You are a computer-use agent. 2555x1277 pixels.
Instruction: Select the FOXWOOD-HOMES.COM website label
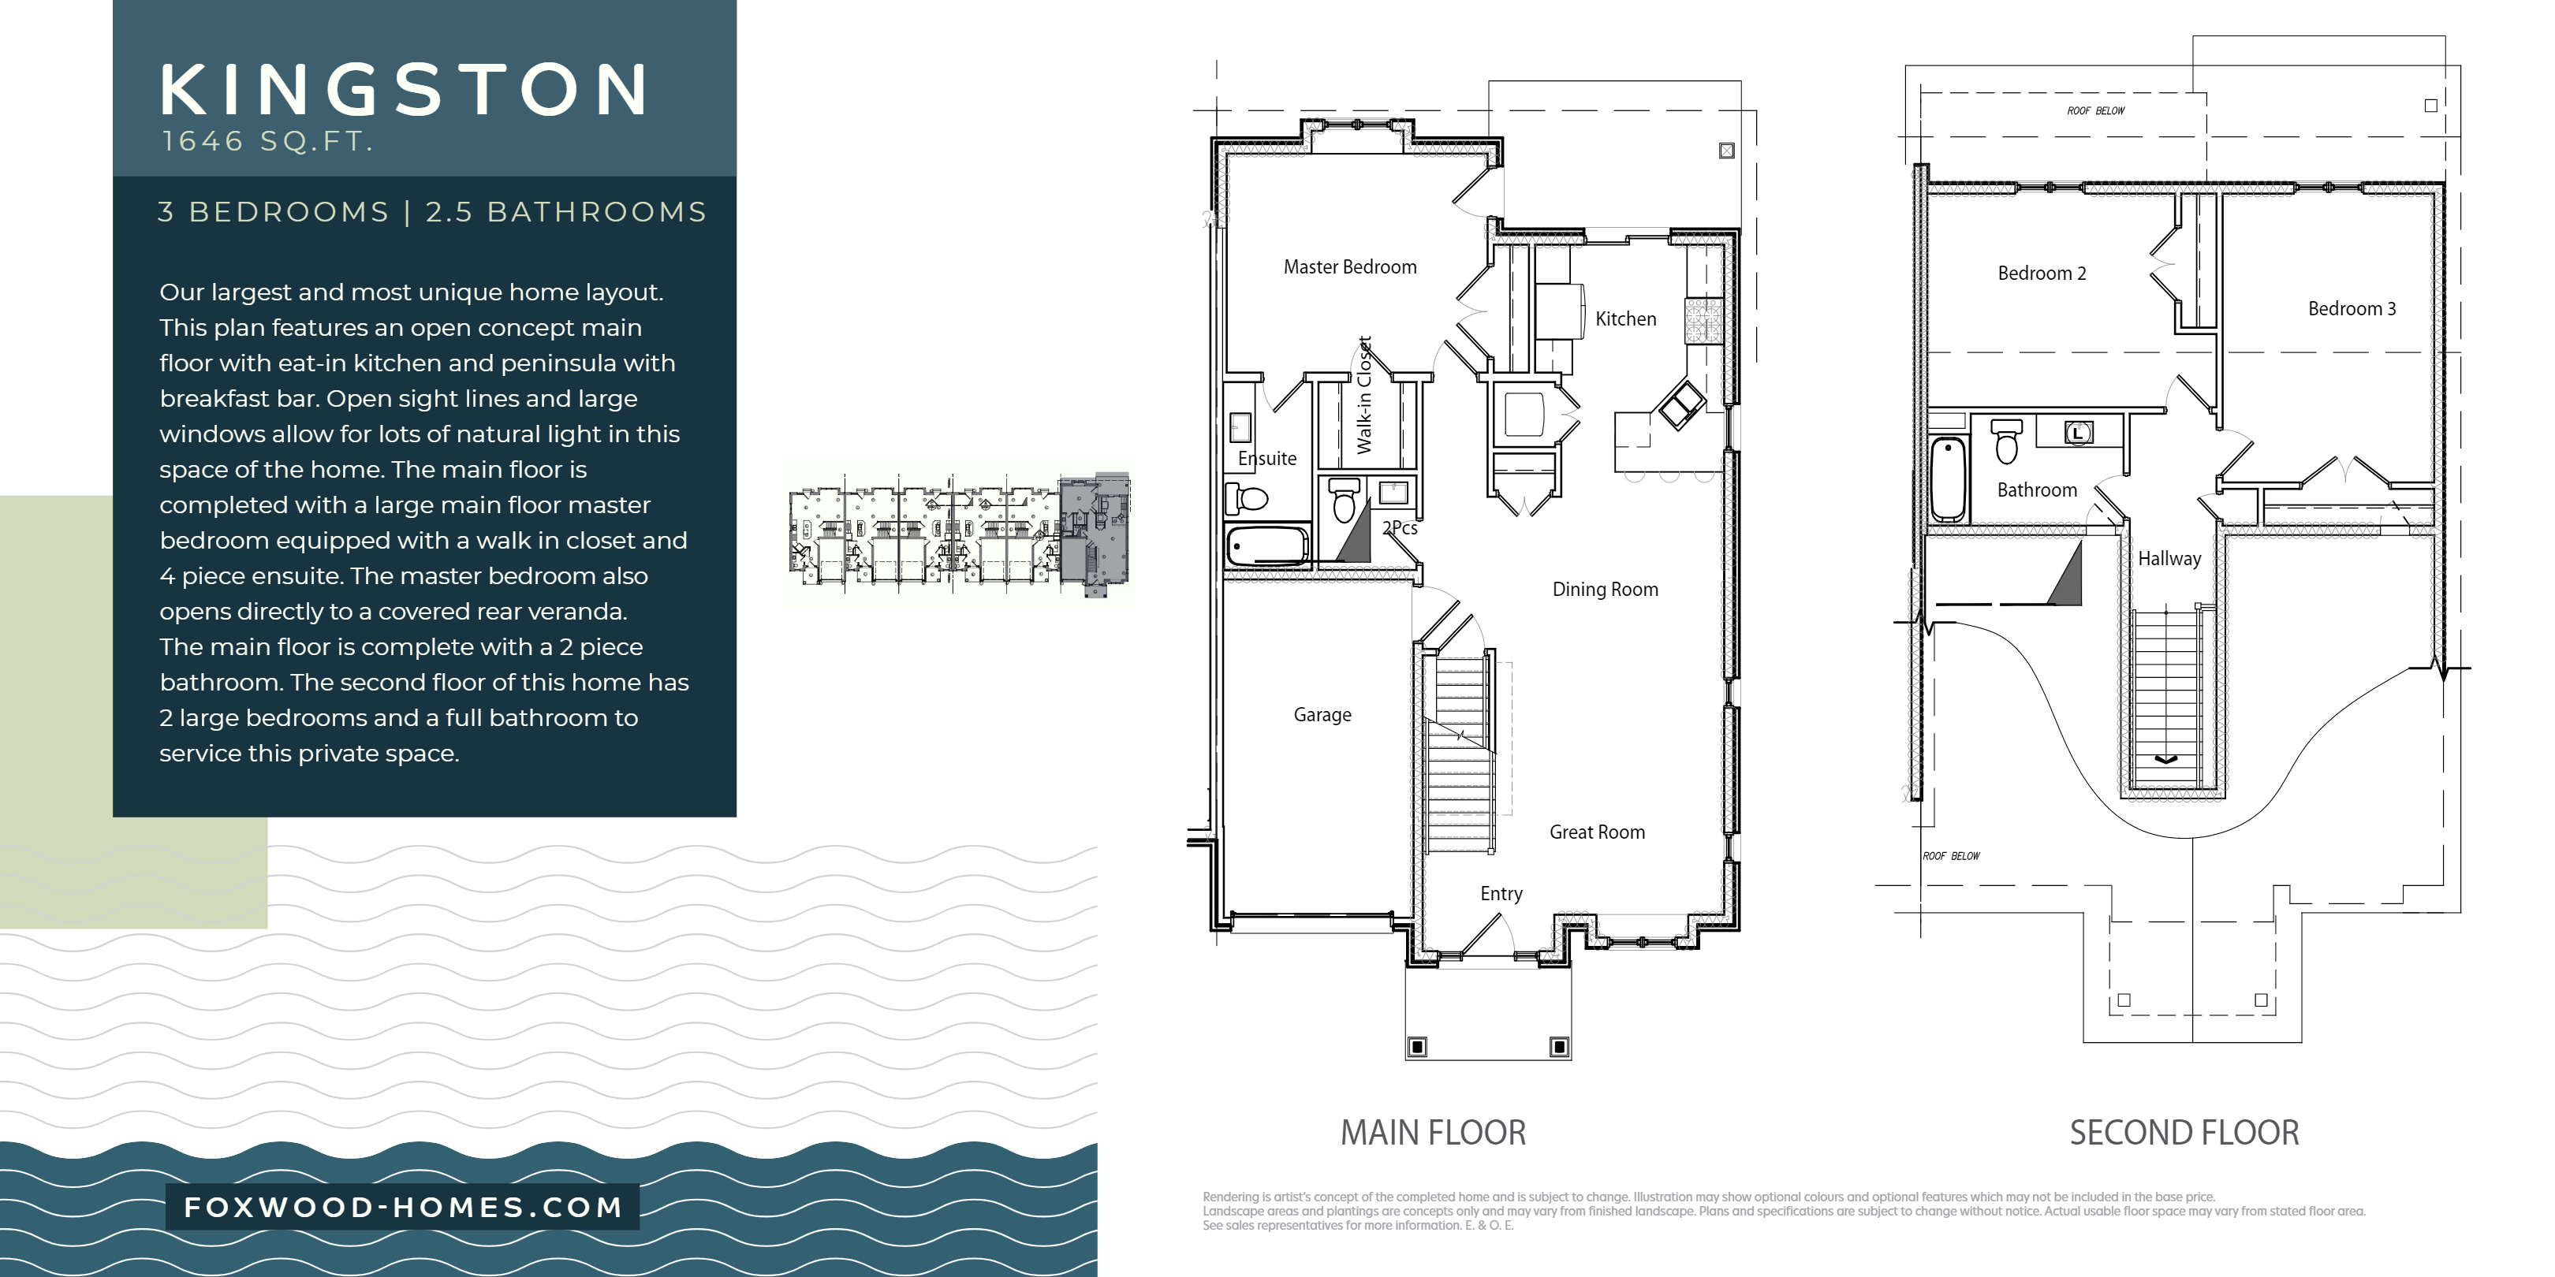coord(403,1207)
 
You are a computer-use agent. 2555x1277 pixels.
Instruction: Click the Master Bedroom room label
coord(1350,266)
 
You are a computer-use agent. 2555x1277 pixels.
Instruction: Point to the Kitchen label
coord(1625,319)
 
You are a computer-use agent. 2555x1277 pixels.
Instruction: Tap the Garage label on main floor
coord(1322,715)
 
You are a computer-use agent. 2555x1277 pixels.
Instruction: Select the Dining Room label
coord(1605,590)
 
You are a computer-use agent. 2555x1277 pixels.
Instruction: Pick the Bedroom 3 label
coord(2352,309)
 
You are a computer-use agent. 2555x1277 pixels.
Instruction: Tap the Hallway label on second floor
coord(2169,559)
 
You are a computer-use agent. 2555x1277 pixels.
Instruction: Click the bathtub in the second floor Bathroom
coord(1948,479)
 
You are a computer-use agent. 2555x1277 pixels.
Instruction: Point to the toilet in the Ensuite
coord(1246,497)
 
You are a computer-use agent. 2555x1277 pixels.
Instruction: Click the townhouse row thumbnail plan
coord(959,535)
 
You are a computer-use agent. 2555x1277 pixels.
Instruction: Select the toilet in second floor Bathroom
coord(2005,441)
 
